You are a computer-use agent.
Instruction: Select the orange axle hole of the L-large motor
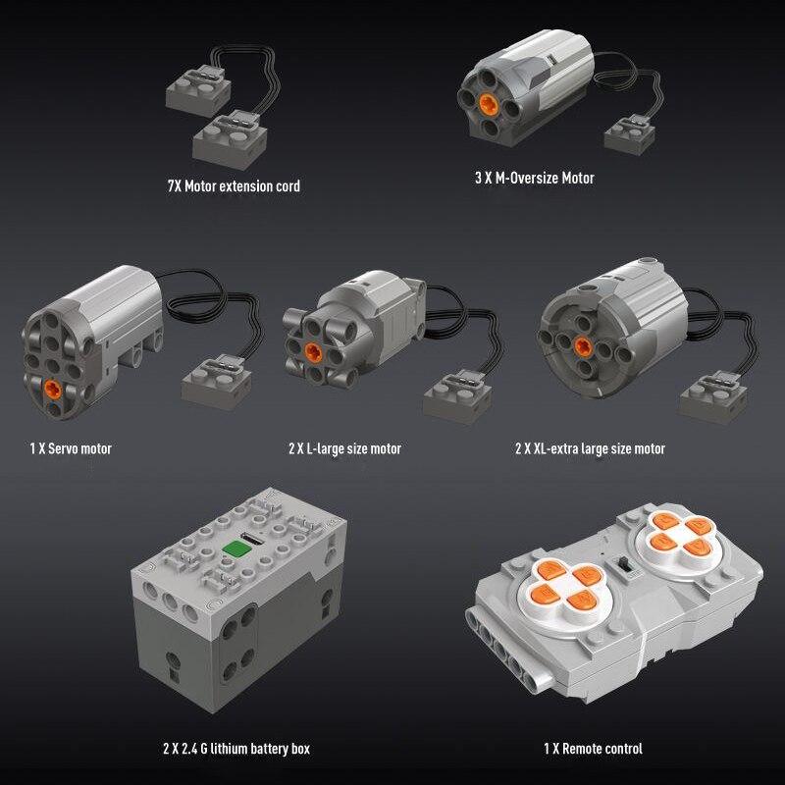tap(312, 351)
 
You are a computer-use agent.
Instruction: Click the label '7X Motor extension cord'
tap(234, 184)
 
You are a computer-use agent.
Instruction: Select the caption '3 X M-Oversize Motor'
tap(533, 179)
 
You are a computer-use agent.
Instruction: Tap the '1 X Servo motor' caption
tap(71, 448)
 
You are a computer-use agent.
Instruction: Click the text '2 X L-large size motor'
tap(344, 448)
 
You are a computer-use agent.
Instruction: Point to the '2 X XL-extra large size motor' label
tap(590, 448)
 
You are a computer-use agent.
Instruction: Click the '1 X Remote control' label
tap(594, 749)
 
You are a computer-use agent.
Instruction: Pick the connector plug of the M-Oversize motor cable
tap(627, 132)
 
